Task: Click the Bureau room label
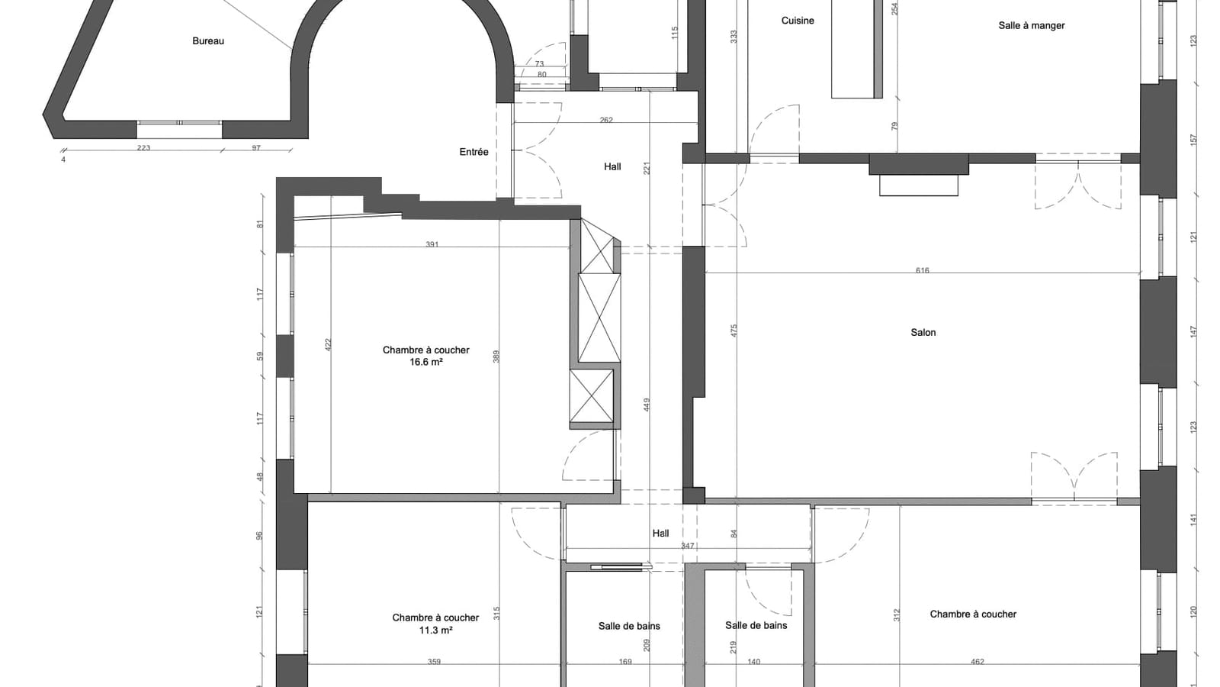click(208, 41)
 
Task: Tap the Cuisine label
click(798, 21)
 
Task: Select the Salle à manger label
click(1032, 26)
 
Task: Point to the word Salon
click(923, 332)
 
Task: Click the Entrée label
click(474, 152)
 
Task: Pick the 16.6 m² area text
click(426, 362)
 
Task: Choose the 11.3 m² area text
click(435, 631)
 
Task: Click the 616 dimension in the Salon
click(922, 270)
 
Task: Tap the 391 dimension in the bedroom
click(432, 244)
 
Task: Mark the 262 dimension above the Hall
click(606, 120)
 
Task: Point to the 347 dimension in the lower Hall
click(687, 546)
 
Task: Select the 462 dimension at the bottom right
click(978, 662)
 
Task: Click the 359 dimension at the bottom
click(434, 662)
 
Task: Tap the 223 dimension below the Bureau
click(143, 148)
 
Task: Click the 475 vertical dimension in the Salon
click(734, 331)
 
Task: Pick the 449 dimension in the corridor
click(647, 405)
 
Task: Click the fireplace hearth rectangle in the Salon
click(919, 185)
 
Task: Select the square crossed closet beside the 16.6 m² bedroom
click(592, 396)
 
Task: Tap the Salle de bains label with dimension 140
click(756, 625)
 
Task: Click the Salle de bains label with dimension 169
click(629, 626)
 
